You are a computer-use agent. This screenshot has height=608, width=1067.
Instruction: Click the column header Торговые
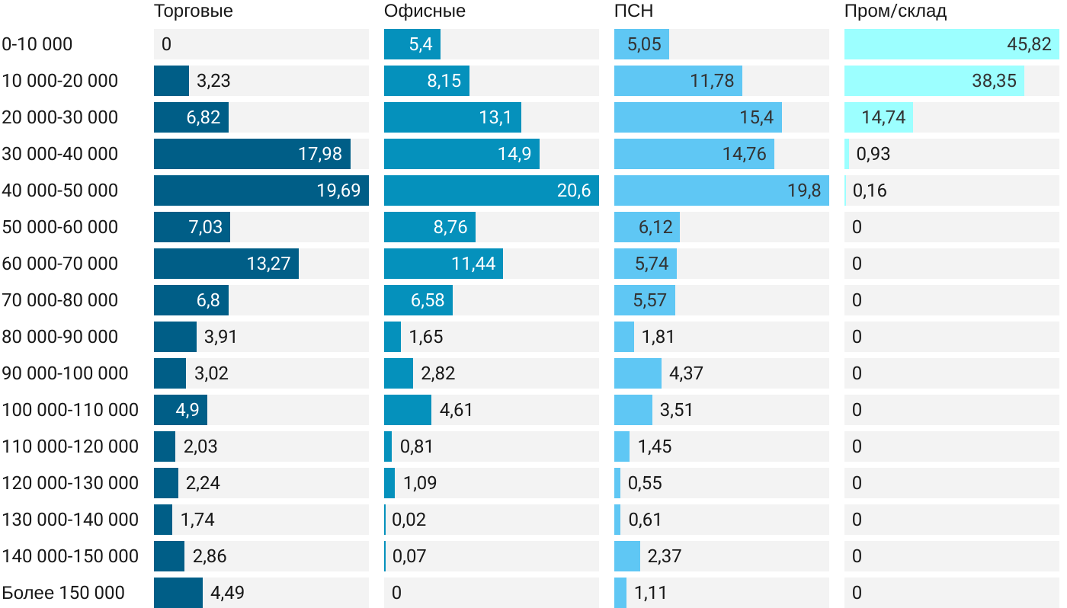(x=194, y=11)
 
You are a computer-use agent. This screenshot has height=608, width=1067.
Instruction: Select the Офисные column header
(x=425, y=11)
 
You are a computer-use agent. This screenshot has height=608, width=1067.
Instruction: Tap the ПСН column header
(x=633, y=11)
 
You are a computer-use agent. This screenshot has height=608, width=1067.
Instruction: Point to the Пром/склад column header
(x=896, y=11)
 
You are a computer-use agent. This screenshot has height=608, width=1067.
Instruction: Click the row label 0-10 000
(x=37, y=44)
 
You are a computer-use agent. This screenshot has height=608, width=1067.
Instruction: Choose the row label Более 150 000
(x=63, y=593)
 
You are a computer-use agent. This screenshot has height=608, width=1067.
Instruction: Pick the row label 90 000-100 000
(x=65, y=373)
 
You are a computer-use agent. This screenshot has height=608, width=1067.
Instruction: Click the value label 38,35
(x=994, y=81)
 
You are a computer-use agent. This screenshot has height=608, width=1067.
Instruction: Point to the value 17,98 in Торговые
(x=320, y=154)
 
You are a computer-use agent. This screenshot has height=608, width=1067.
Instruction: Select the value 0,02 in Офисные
(x=409, y=520)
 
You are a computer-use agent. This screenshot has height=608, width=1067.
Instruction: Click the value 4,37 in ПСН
(x=686, y=373)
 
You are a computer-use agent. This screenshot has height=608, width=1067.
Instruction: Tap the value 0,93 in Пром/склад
(x=873, y=154)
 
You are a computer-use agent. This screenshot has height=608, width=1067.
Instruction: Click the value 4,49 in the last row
(x=228, y=593)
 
